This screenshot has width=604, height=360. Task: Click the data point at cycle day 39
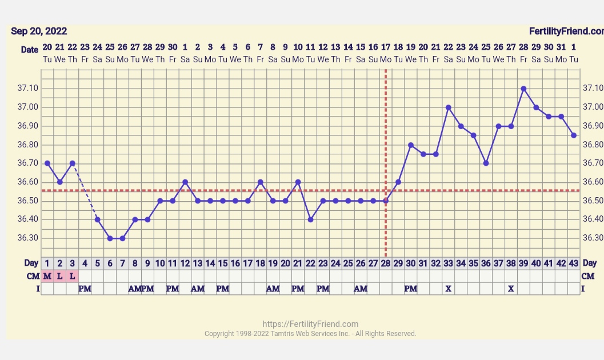coord(523,89)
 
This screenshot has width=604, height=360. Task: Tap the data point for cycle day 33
coord(449,107)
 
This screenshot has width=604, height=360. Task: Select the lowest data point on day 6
coord(110,238)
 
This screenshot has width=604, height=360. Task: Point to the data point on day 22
coord(310,219)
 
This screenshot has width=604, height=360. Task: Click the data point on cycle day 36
coord(486,163)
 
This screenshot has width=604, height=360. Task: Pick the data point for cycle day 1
coord(47,163)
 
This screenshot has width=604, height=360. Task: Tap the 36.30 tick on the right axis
coord(593,238)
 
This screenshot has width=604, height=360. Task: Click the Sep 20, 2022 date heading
coord(39,31)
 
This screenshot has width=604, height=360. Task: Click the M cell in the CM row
coord(47,276)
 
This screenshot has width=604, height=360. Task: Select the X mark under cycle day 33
coord(449,289)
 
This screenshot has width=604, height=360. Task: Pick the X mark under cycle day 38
coord(511,289)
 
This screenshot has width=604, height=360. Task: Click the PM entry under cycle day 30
coord(411,289)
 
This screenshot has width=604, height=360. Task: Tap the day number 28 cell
coord(386,263)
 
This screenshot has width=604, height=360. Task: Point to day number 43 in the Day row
coord(574,263)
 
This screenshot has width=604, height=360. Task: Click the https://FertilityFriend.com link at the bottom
coord(310,324)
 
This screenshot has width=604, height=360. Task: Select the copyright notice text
coord(310,334)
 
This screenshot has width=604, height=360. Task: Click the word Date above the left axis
coord(30,50)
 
